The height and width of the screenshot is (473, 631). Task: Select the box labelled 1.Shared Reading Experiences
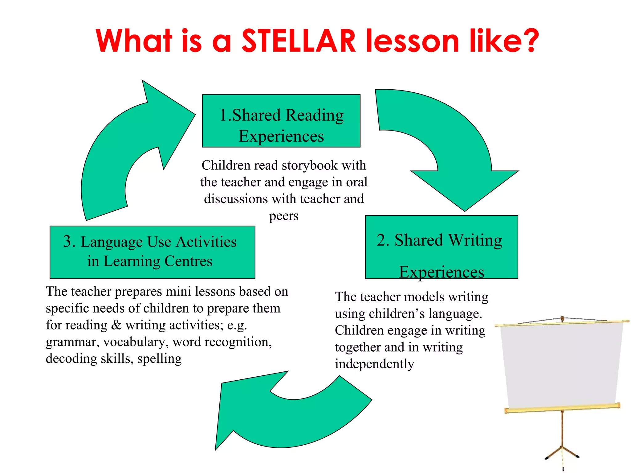click(281, 121)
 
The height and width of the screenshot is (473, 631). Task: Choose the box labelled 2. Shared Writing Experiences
click(441, 247)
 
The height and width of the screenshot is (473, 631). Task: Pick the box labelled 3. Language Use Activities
click(152, 252)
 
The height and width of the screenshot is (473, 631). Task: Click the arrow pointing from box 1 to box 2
click(456, 148)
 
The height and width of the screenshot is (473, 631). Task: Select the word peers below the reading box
click(284, 216)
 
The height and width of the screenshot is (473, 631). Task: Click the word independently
click(374, 364)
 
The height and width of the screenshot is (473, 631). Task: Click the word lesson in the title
click(412, 41)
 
